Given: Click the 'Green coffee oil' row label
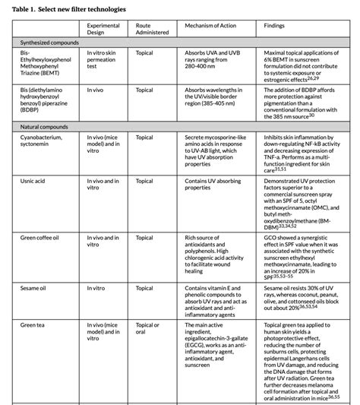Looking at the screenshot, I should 44,238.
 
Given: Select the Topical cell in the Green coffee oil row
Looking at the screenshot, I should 144,238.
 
